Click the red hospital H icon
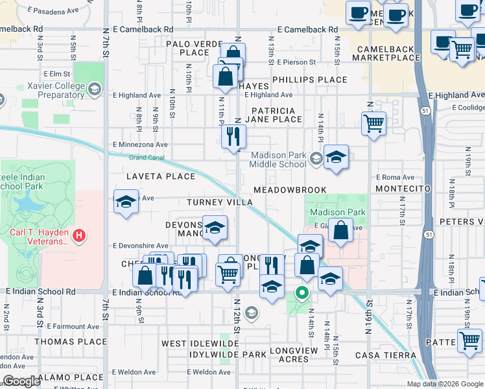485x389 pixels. coord(78,235)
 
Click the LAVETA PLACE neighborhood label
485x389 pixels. coord(160,176)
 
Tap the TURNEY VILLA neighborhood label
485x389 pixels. coord(219,202)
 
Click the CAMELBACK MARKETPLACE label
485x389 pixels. coord(387,52)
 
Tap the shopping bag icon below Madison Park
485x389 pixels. coord(340,230)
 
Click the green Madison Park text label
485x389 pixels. coord(337,212)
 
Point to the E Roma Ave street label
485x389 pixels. coord(395,177)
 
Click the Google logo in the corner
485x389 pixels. coord(21,381)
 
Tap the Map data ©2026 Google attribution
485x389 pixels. coord(444,384)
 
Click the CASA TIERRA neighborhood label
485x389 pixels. coord(385,355)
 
